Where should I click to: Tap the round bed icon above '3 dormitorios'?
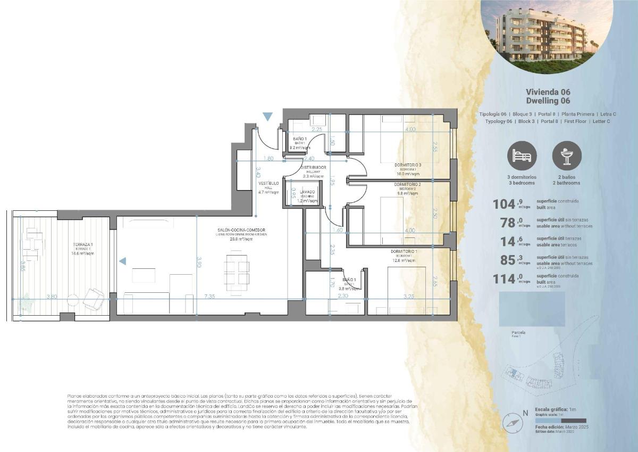(x=522, y=155)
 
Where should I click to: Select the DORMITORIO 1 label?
(x=404, y=251)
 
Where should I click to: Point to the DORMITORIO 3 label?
(x=408, y=165)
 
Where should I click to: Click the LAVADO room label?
(x=307, y=192)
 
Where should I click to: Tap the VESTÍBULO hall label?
(x=268, y=184)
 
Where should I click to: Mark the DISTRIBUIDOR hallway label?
(x=314, y=167)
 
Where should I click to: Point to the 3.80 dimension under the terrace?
(x=52, y=297)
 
